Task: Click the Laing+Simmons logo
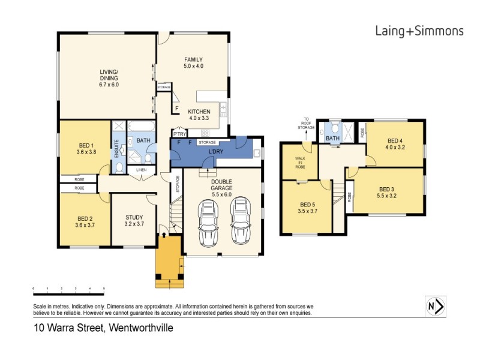[419, 31]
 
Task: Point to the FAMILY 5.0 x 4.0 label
[193, 62]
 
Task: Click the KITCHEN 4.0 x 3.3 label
[199, 115]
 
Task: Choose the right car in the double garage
[241, 221]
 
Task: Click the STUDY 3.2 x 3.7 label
[134, 220]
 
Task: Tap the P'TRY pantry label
[179, 134]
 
